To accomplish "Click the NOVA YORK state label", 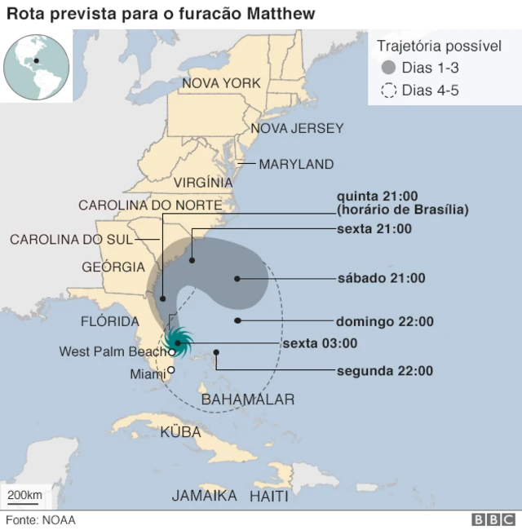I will pyautogui.click(x=221, y=83).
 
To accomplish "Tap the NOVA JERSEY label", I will pyautogui.click(x=296, y=128).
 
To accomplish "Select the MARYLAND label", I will pyautogui.click(x=296, y=164).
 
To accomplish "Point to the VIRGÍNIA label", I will pyautogui.click(x=203, y=183).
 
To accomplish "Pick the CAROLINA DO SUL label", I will pyautogui.click(x=71, y=239).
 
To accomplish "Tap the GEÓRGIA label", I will pyautogui.click(x=113, y=267).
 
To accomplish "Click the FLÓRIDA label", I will pyautogui.click(x=110, y=321).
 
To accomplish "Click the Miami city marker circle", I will pyautogui.click(x=170, y=370).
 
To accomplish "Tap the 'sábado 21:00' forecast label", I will pyautogui.click(x=381, y=278).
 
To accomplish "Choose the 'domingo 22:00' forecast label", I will pyautogui.click(x=384, y=321).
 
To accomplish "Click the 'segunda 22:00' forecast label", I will pyautogui.click(x=384, y=371).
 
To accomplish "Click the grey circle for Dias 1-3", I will pyautogui.click(x=388, y=68).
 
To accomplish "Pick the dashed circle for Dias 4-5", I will pyautogui.click(x=388, y=91).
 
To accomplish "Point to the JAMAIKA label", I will pyautogui.click(x=205, y=496).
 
